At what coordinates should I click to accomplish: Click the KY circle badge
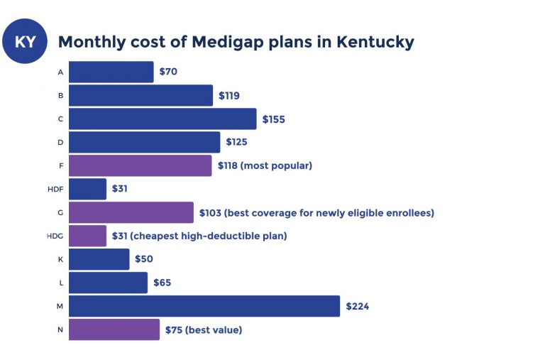[25, 42]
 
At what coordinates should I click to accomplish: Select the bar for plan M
[204, 306]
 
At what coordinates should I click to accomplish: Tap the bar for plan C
[163, 119]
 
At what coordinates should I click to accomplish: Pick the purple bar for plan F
[140, 165]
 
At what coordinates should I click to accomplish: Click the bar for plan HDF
[87, 189]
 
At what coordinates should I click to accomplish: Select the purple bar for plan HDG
[87, 236]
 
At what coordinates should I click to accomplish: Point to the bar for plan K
[99, 259]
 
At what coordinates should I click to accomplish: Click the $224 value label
[357, 307]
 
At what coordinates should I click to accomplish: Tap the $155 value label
[273, 119]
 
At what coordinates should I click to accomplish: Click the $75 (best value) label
[203, 330]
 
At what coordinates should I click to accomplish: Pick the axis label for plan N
[60, 330]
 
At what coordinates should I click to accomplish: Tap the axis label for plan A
[60, 72]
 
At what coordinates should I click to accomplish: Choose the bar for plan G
[131, 212]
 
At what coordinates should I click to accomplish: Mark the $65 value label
[162, 283]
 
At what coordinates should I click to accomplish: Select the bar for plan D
[144, 142]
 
